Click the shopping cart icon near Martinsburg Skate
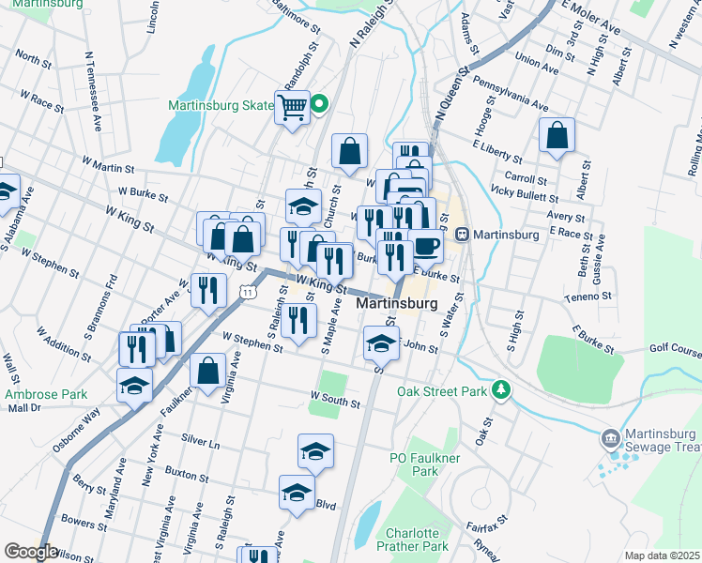[292, 107]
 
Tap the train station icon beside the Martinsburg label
[461, 234]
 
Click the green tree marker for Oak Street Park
[502, 389]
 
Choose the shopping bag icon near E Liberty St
[557, 134]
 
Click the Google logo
[30, 552]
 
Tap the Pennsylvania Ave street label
[511, 94]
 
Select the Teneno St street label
[588, 297]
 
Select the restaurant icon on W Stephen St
[299, 324]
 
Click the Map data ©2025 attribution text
[663, 555]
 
